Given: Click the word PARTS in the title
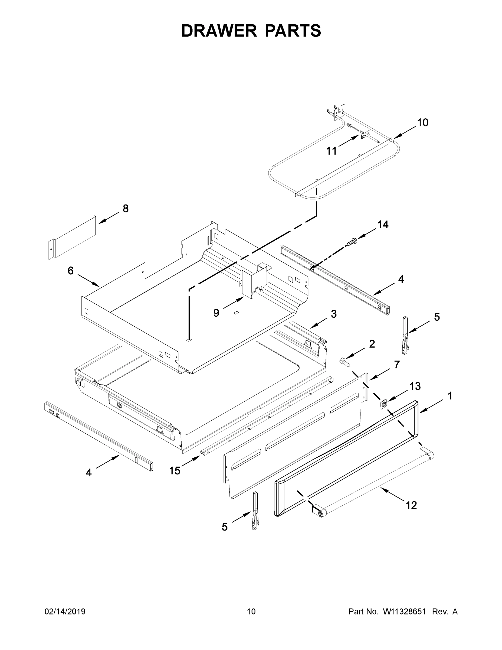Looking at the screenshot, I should [x=293, y=31].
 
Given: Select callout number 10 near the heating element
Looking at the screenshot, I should [x=423, y=123].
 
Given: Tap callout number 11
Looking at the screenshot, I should [x=332, y=151].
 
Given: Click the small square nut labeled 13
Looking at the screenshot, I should [x=384, y=404].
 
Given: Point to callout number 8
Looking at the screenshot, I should [x=126, y=209].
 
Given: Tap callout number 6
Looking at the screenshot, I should [x=70, y=271].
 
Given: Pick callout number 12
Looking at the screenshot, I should [x=411, y=505].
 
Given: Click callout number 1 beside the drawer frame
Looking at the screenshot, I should [x=450, y=396].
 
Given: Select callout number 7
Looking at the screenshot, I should [x=397, y=364].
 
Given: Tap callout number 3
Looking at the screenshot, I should [x=334, y=314].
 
